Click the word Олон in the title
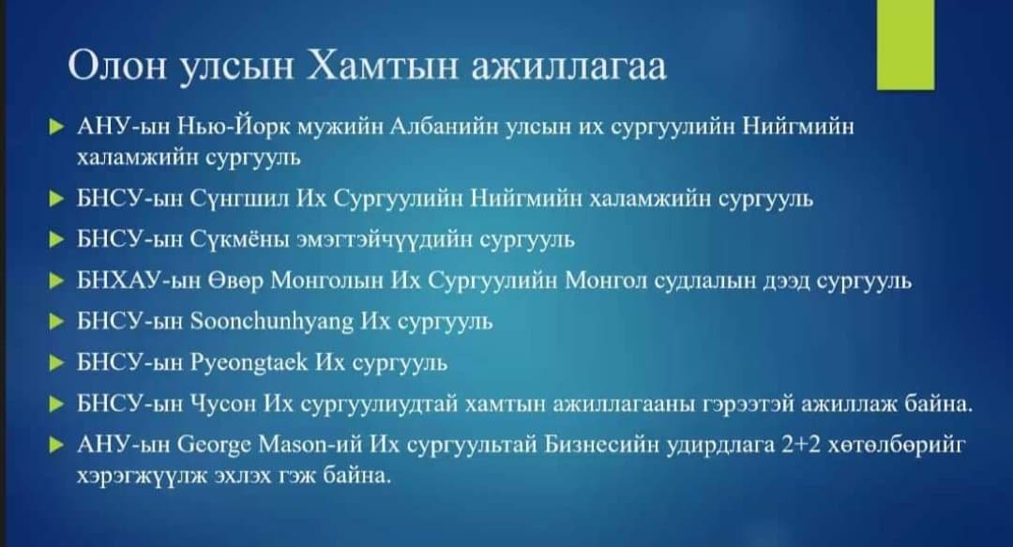click(117, 66)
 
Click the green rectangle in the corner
click(905, 45)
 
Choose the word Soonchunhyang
click(273, 322)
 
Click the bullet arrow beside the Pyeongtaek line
click(57, 363)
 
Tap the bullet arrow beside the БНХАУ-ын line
click(57, 281)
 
